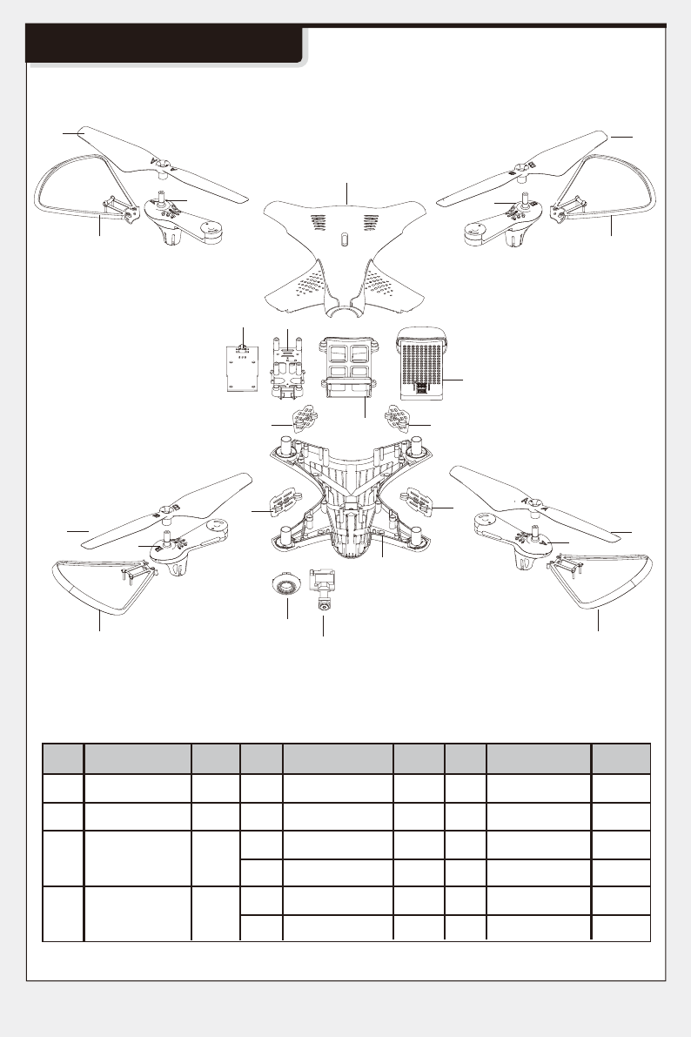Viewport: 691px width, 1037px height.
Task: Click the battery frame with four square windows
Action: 347,365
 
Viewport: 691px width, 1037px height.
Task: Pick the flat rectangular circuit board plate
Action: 238,370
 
